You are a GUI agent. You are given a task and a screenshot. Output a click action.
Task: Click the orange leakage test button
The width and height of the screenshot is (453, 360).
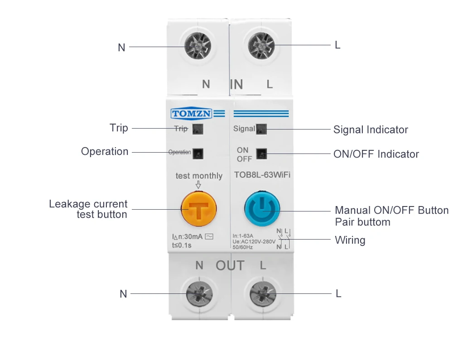coord(198,210)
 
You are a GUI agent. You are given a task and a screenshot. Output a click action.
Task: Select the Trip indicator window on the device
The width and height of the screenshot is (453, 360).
coord(198,129)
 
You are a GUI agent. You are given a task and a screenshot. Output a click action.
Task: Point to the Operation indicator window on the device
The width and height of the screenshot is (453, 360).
coord(198,153)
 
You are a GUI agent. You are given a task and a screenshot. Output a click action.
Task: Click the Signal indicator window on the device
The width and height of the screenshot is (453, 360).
coord(261,129)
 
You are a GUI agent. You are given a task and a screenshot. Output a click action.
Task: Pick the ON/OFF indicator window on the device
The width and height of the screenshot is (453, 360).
coord(261,154)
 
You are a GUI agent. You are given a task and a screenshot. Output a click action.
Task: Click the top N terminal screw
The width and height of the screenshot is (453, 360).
coord(198,46)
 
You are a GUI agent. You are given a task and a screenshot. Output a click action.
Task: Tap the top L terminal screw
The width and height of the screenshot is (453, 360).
coord(262,46)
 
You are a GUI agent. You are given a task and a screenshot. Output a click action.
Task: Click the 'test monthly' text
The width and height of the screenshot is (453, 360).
coord(199,176)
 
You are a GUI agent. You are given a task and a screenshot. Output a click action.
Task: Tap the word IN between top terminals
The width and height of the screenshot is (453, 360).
coord(236,84)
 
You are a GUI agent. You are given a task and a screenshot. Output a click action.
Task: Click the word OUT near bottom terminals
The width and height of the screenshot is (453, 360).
coord(230,266)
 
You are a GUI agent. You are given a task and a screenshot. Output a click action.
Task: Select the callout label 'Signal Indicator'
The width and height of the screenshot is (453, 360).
coord(371,130)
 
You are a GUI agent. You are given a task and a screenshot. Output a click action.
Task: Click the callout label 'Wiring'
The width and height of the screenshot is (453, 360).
coord(350,240)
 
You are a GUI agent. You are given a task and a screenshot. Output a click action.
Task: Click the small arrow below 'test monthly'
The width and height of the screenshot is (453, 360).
coord(198,185)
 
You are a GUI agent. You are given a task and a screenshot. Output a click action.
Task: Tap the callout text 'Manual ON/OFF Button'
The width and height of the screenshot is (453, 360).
coord(391,210)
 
